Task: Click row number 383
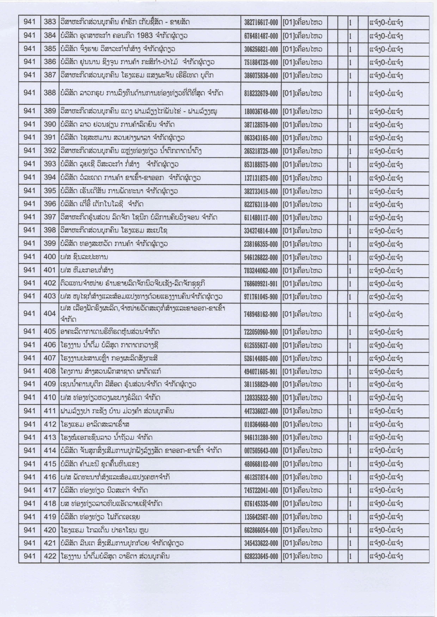click(50, 22)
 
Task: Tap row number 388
click(50, 93)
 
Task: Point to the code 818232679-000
click(261, 94)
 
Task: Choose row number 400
click(50, 257)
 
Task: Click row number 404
click(50, 314)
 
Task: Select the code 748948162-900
click(261, 314)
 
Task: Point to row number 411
click(50, 411)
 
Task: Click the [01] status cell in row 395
click(302, 192)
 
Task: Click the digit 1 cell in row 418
click(350, 504)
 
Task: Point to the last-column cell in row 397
click(386, 218)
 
